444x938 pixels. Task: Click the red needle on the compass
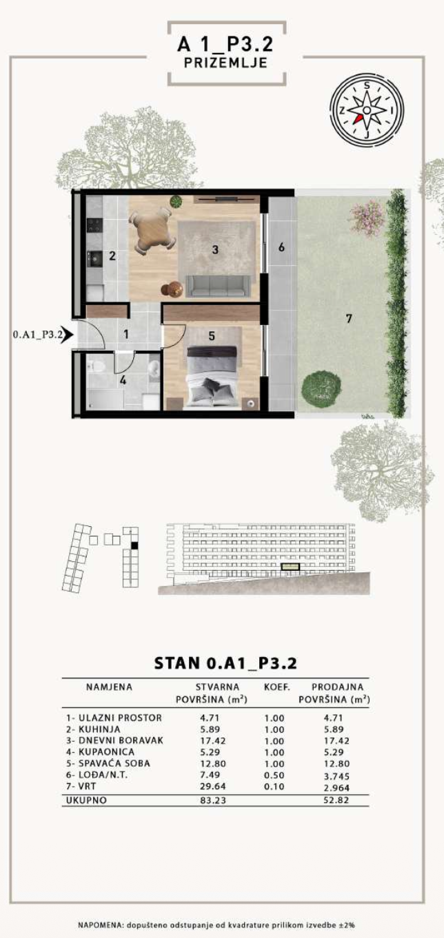(357, 118)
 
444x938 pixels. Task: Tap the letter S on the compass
(367, 85)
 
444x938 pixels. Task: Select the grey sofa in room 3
(219, 286)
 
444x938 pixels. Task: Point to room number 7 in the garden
(348, 319)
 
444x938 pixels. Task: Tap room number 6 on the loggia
(281, 247)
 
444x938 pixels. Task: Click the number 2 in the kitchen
(112, 256)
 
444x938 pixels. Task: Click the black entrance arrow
(67, 334)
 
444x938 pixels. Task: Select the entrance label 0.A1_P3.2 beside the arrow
(38, 334)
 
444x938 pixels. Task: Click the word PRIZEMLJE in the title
(225, 63)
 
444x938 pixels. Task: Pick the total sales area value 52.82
(336, 800)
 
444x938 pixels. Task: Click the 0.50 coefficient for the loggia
(274, 775)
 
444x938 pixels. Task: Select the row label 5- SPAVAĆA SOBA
(108, 763)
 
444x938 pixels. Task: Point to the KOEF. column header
(276, 687)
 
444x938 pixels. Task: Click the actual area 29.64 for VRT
(212, 786)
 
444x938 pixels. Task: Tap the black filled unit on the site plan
(134, 545)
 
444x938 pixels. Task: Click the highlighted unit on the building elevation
(290, 567)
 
